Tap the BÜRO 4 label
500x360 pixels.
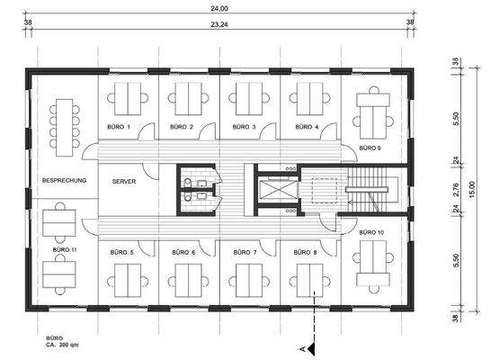[305, 127]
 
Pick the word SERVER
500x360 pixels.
[125, 182]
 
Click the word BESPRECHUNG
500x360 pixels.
[64, 182]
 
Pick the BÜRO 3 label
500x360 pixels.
[244, 127]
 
